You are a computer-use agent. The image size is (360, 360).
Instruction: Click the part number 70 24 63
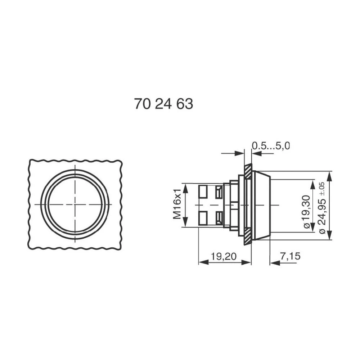tap(163, 104)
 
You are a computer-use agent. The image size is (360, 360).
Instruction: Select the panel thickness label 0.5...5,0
tap(271, 146)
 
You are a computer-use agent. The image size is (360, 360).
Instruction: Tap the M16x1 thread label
tap(177, 204)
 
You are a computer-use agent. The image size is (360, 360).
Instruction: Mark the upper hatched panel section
tap(248, 171)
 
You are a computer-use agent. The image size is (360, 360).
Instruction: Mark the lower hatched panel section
tap(248, 236)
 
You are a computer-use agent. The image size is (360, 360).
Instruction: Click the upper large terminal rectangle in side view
tap(203, 191)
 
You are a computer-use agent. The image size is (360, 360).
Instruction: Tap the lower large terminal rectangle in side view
tap(203, 218)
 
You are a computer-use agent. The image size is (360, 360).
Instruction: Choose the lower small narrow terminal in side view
tap(219, 217)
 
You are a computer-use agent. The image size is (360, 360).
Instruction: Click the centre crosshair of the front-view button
tap(75, 204)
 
